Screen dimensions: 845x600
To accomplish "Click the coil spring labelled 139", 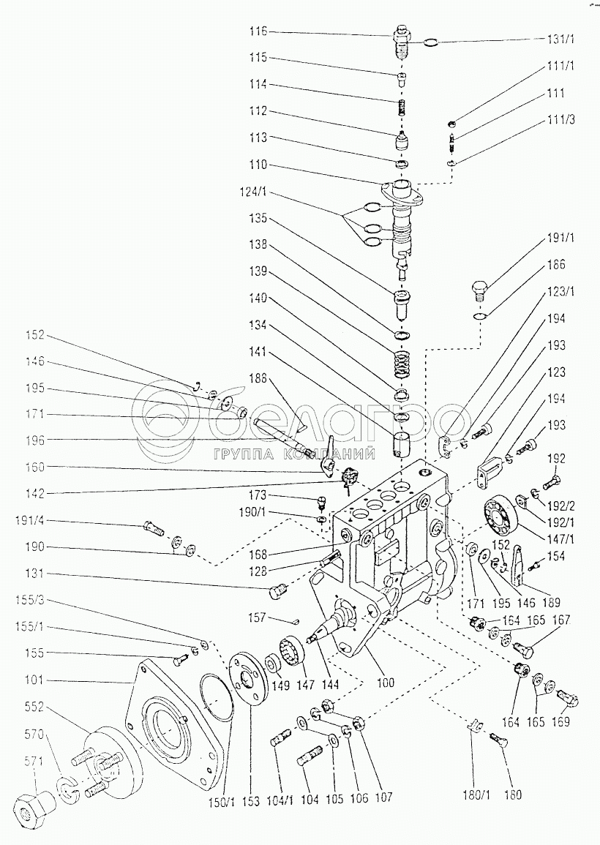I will click(402, 361).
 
